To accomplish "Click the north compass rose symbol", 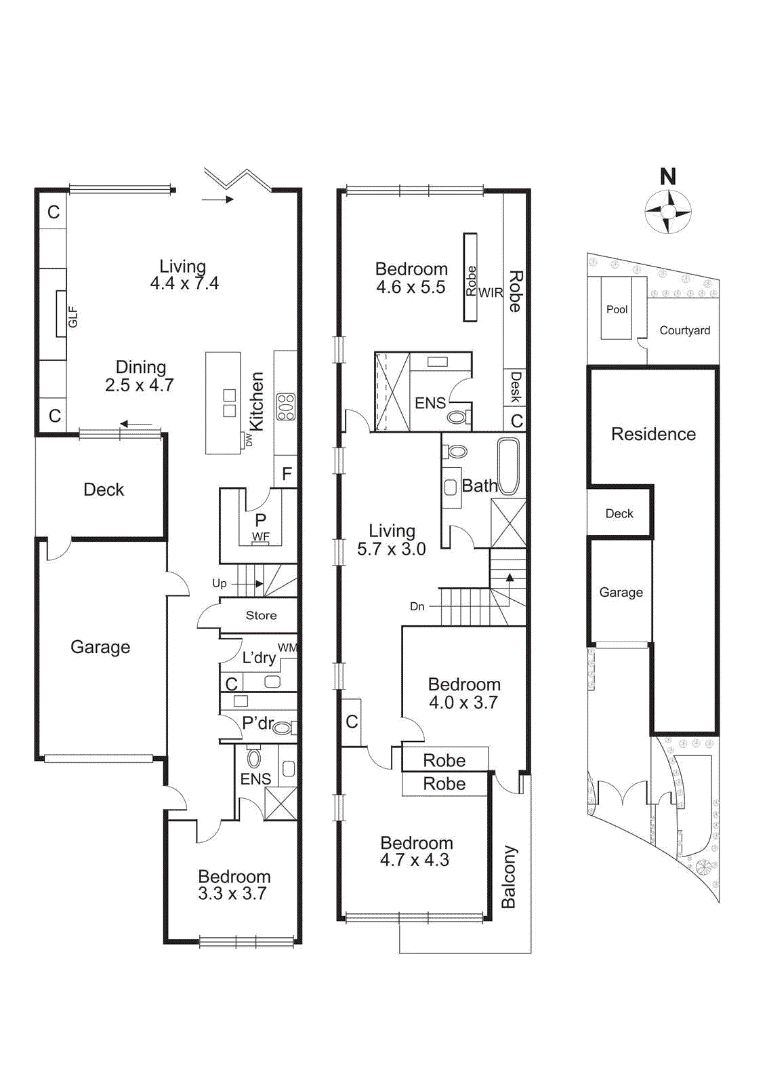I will tap(668, 212).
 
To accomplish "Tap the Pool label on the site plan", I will tap(617, 309).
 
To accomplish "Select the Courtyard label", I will tap(685, 330).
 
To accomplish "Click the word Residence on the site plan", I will tap(653, 434).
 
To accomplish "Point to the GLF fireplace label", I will tap(72, 317).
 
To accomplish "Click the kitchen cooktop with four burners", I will tap(285, 407).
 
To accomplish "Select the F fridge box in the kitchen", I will tap(287, 473).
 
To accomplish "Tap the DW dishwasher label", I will tap(249, 440).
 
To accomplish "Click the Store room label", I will tap(261, 615).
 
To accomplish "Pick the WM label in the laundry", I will tap(287, 648).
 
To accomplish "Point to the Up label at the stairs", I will tap(220, 583).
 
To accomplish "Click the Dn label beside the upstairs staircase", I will tap(417, 606).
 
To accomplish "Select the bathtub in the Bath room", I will tap(508, 467).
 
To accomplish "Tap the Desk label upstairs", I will tap(516, 387).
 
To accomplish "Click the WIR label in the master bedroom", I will tap(491, 292).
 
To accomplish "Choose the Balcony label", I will tap(509, 877).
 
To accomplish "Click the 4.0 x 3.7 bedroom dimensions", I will tap(463, 703).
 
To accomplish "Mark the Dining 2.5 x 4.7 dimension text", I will tap(140, 385).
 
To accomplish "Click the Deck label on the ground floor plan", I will tap(104, 490).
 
